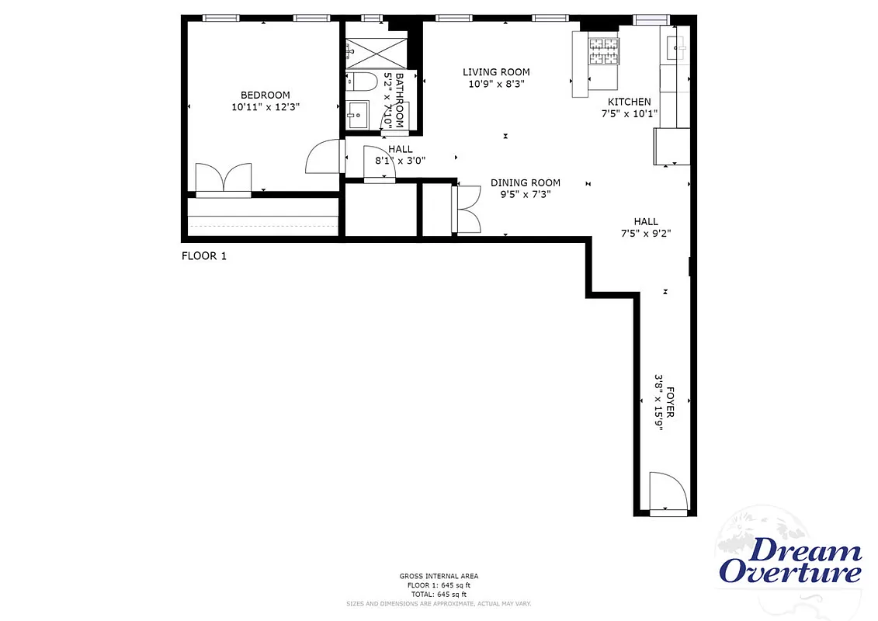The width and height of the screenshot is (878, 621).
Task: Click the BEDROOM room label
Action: point(265,95)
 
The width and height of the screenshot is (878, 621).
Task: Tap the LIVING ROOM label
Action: point(497,72)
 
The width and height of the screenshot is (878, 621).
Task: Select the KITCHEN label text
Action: point(629,102)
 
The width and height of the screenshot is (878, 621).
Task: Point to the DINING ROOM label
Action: point(525,183)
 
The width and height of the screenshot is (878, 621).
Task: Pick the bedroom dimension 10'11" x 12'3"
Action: point(265,107)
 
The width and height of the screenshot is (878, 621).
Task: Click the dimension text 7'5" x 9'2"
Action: point(645,233)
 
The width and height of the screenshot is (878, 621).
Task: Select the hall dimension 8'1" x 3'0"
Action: point(400,161)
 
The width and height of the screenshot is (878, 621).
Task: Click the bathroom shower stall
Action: point(376,50)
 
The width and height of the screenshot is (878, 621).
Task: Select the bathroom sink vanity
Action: point(359,114)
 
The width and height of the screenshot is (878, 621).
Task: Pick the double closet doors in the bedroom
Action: point(224,178)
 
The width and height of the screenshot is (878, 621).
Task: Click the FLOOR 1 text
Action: point(203,255)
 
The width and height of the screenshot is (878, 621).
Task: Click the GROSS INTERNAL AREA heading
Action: point(439,576)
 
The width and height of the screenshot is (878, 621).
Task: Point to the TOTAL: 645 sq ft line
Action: point(439,594)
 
